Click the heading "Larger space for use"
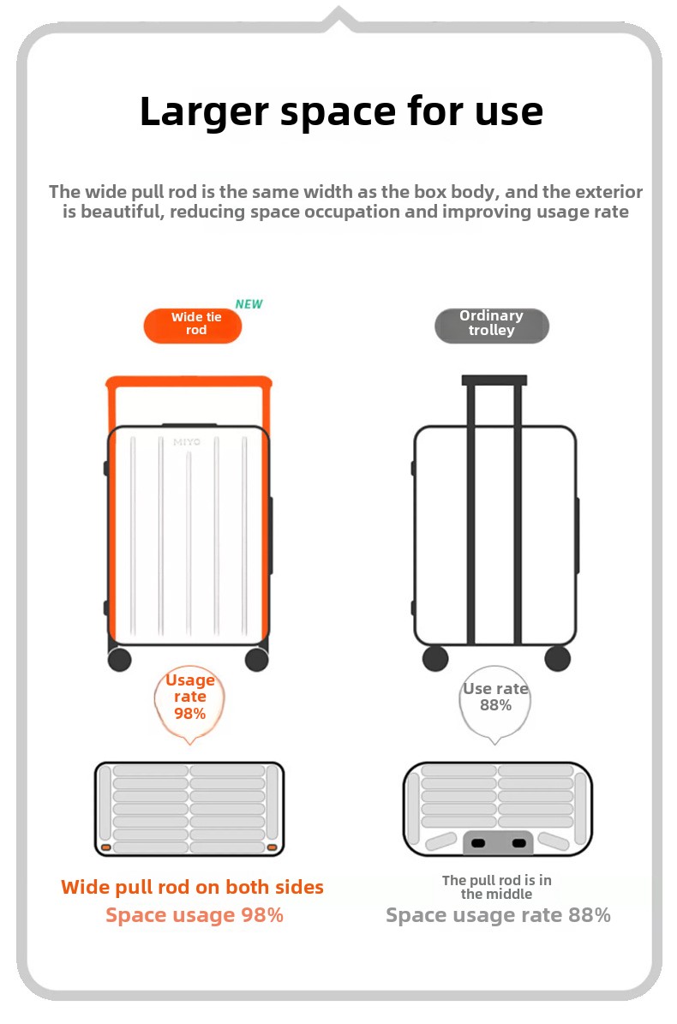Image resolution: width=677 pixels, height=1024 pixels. [x=341, y=111]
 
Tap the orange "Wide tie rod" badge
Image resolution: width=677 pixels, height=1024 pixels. [x=193, y=326]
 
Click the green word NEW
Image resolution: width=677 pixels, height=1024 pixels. [x=249, y=304]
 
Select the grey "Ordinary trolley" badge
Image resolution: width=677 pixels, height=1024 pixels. [x=492, y=326]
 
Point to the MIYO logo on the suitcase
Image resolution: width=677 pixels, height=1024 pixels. [x=187, y=442]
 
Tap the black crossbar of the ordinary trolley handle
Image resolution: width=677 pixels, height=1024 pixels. [x=494, y=380]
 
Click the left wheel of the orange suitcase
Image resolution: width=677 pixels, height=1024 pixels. [x=119, y=660]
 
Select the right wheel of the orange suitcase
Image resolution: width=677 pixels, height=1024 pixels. [x=256, y=660]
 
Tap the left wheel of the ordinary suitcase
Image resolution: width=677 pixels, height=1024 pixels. [x=435, y=658]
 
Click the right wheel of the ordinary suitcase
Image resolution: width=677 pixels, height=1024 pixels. [x=558, y=658]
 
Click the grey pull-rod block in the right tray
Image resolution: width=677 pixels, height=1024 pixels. [x=498, y=842]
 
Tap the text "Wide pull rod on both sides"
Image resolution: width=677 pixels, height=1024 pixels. [x=192, y=887]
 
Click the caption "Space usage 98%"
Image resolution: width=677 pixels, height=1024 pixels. [x=195, y=915]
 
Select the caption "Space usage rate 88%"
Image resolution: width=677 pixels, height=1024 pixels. [x=498, y=915]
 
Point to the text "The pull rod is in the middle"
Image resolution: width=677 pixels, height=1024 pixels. [x=497, y=887]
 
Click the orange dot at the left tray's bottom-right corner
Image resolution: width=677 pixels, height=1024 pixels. [x=273, y=847]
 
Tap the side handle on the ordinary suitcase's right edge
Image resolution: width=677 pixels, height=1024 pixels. [x=577, y=536]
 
